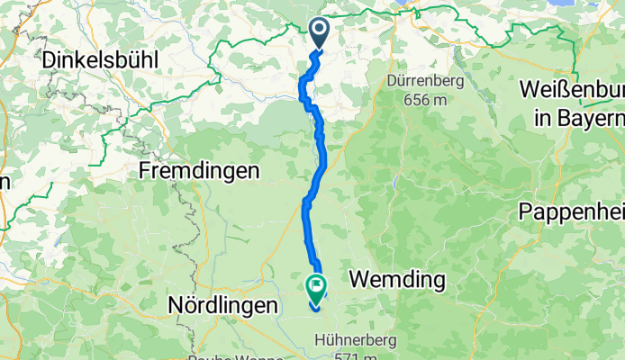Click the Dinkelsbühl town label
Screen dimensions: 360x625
[100, 61]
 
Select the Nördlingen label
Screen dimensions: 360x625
[222, 306]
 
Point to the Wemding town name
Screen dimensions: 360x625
[396, 280]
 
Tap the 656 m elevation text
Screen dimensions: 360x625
[426, 99]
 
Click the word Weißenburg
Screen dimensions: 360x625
[571, 92]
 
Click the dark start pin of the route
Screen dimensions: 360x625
[320, 32]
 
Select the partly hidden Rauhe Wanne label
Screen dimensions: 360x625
[225, 356]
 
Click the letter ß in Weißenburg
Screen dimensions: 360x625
[561, 92]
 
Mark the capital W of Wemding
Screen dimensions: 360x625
[359, 280]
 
